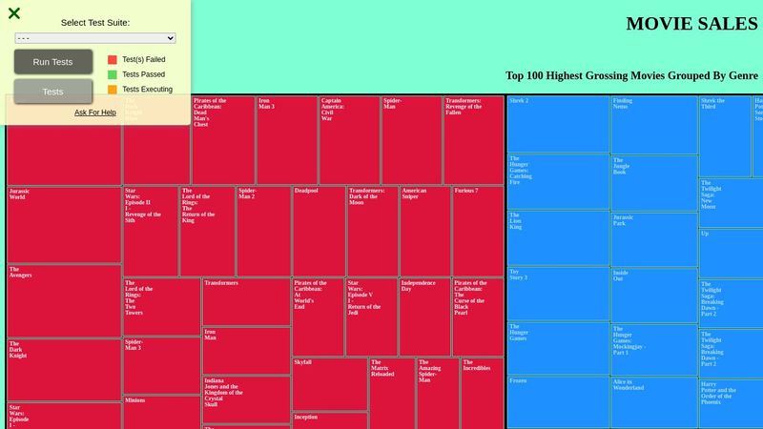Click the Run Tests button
pyautogui.click(x=52, y=62)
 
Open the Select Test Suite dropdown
pyautogui.click(x=95, y=38)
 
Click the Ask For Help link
pyautogui.click(x=95, y=112)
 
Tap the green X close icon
pyautogui.click(x=14, y=13)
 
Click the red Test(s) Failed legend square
pyautogui.click(x=113, y=59)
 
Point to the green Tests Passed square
pyautogui.click(x=113, y=74)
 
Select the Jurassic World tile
pyautogui.click(x=64, y=224)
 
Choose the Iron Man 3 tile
pyautogui.click(x=286, y=139)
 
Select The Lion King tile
pyautogui.click(x=557, y=237)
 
